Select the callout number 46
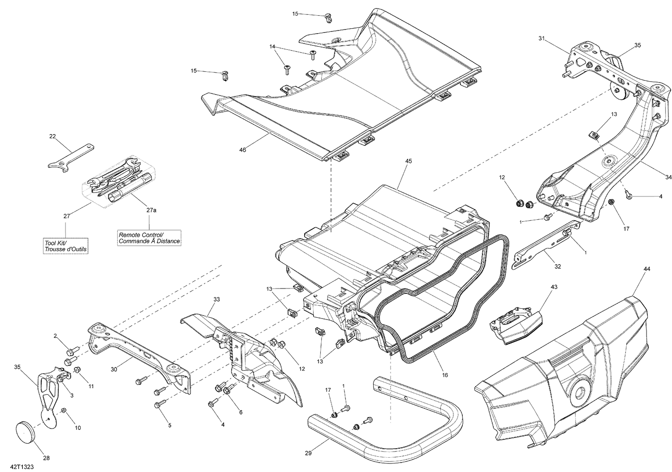pos(242,150)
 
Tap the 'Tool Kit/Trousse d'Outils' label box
pos(66,246)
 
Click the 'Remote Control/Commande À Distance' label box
pos(149,238)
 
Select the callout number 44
pos(646,269)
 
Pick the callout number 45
pos(408,161)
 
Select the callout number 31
pos(542,39)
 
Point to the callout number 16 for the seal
pos(444,375)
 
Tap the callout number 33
pos(216,299)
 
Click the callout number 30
pos(114,370)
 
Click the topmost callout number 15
pos(295,14)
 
